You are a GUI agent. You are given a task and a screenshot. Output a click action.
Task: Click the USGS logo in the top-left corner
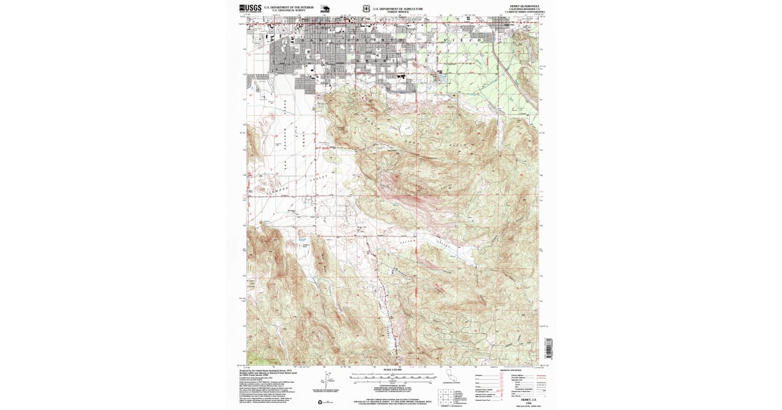(x=251, y=8)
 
